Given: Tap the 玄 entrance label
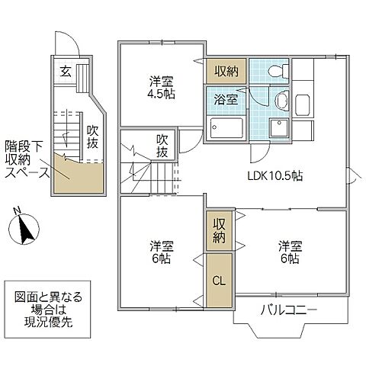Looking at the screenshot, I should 66,72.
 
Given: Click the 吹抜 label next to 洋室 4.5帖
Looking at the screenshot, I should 162,146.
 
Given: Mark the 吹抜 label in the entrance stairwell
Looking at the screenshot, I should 92,138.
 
